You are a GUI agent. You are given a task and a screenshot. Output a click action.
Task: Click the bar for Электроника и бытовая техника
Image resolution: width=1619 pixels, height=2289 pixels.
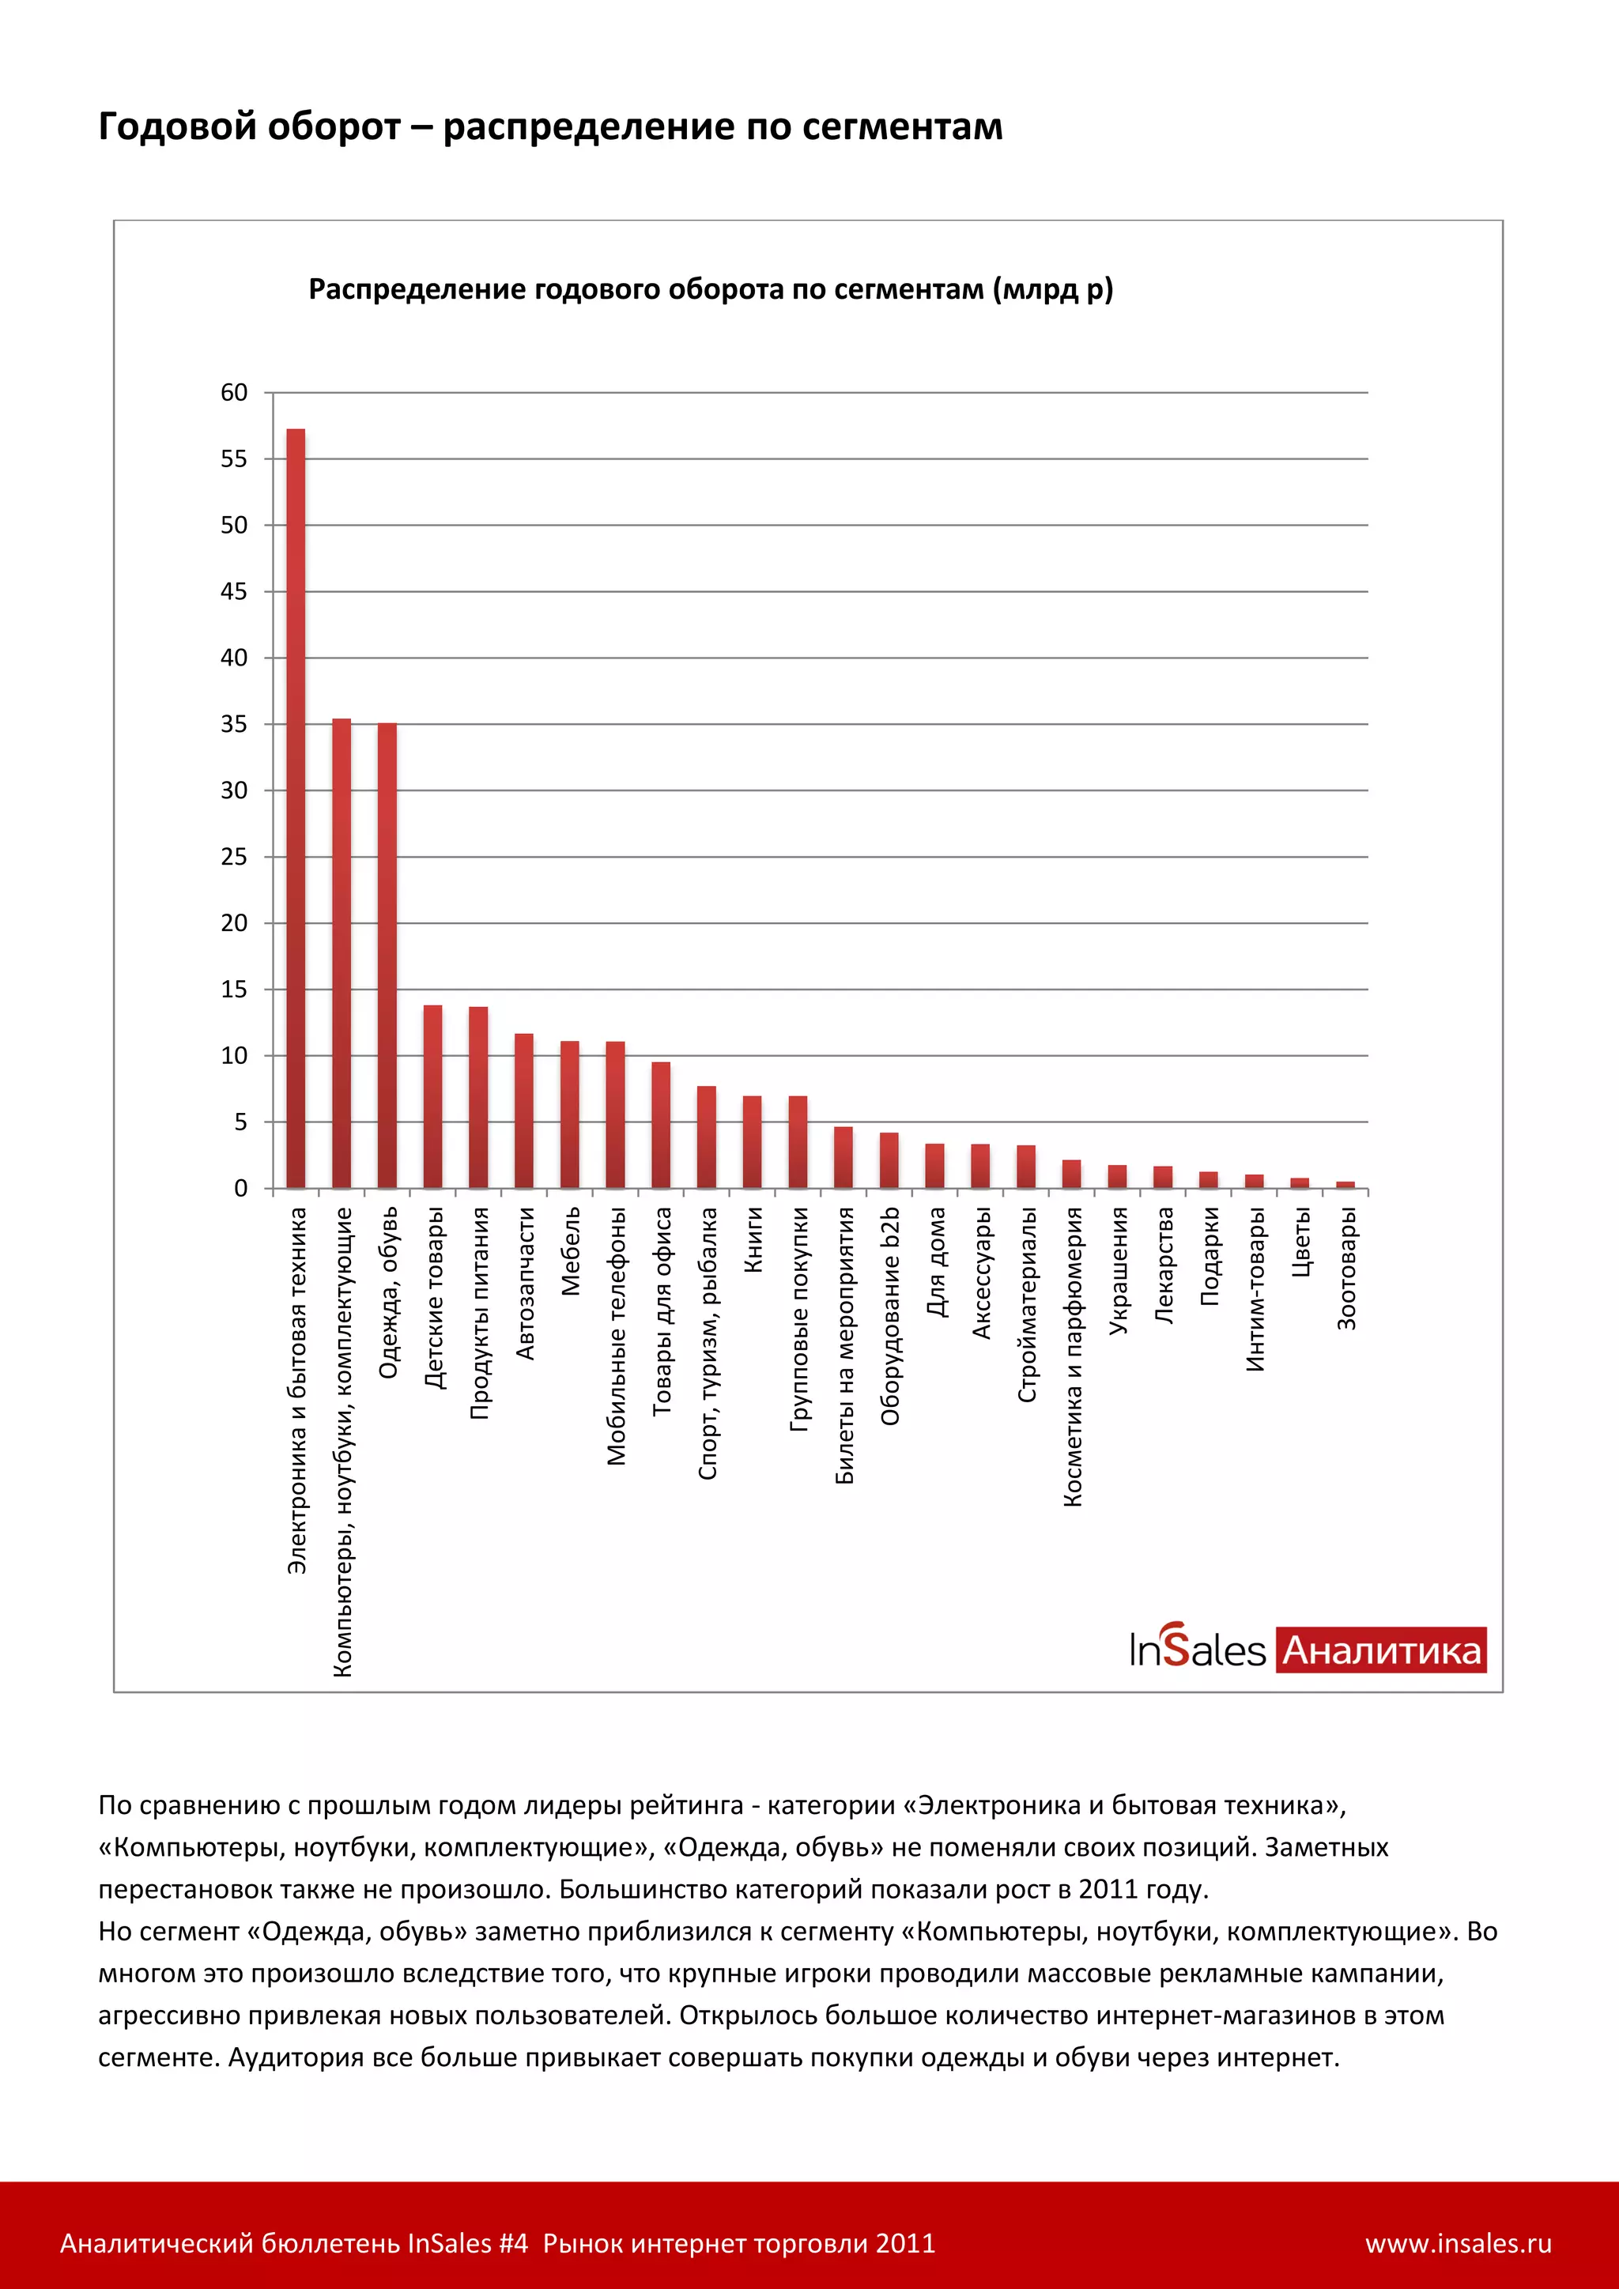point(296,808)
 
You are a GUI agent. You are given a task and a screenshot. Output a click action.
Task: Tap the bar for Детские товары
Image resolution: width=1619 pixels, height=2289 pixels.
point(432,1096)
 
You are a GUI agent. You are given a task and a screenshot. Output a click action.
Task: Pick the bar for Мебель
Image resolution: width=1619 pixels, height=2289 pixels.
point(569,1114)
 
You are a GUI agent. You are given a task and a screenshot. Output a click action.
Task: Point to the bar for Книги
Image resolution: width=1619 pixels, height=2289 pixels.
point(752,1141)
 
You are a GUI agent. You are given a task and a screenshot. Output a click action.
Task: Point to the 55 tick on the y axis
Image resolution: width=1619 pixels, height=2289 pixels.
point(234,459)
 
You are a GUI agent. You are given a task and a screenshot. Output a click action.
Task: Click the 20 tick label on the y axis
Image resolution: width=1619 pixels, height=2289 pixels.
point(234,923)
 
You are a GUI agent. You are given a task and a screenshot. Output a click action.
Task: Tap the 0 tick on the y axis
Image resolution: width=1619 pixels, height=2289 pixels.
point(240,1188)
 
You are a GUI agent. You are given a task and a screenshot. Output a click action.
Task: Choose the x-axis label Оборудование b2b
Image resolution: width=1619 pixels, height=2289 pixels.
point(890,1315)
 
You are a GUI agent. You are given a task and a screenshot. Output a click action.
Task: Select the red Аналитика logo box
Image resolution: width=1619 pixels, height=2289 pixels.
point(1381,1650)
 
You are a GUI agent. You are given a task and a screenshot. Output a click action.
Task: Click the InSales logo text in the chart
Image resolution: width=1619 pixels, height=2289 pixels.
point(1198,1650)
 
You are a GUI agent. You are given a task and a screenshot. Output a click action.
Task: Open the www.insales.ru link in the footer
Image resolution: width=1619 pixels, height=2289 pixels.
point(1458,2244)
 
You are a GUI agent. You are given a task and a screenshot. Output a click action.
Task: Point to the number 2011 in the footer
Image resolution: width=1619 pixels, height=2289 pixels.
point(905,2244)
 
